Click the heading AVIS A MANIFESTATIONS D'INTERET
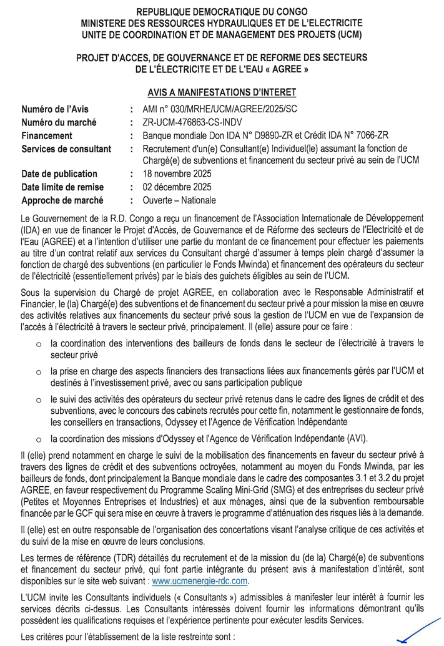click(222, 92)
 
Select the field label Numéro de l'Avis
click(55, 109)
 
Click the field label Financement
click(47, 135)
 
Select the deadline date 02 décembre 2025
click(178, 187)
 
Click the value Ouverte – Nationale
click(179, 200)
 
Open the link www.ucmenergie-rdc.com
click(200, 580)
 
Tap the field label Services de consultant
click(66, 149)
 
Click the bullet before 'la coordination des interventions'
click(39, 343)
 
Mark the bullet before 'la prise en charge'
click(39, 372)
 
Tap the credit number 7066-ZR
click(373, 135)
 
